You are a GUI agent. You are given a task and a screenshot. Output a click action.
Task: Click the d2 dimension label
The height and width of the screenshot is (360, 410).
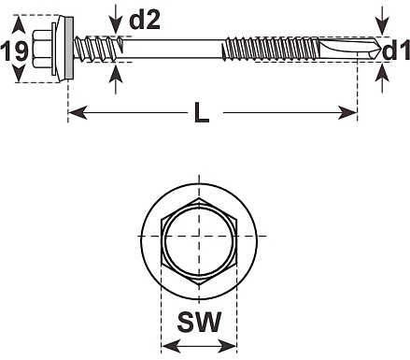[145, 20]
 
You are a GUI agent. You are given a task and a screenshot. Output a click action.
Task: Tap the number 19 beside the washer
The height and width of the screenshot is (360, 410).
[14, 50]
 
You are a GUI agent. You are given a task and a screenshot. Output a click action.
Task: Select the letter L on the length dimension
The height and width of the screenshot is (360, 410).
[202, 112]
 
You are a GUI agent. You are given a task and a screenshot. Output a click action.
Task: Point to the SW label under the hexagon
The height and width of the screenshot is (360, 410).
[199, 322]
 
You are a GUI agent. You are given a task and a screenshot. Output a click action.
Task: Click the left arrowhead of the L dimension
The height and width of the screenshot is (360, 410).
[78, 112]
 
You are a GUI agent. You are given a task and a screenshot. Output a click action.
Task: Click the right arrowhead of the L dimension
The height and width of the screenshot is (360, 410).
[347, 112]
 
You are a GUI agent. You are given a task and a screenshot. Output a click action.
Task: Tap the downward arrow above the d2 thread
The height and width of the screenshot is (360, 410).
[116, 20]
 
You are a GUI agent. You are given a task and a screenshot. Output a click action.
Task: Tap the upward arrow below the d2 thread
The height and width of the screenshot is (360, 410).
[116, 79]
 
